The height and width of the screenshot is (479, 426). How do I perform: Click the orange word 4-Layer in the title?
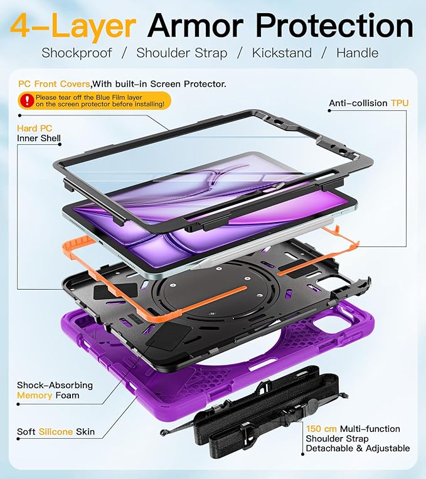point(73,26)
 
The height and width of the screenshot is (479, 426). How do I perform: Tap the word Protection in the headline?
point(334,25)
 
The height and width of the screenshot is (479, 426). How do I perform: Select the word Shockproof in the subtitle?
point(77,53)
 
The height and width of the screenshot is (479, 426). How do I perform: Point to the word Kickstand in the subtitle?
point(282,53)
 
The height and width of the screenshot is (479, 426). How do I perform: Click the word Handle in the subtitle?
point(357,53)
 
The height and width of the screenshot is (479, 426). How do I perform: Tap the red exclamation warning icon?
point(27,100)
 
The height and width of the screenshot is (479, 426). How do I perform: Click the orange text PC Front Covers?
point(54,84)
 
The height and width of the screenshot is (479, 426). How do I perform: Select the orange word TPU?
point(400,103)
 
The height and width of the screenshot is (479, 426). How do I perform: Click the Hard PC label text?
point(35,129)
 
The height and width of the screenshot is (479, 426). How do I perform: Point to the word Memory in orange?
point(35,395)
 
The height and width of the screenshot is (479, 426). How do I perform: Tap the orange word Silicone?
point(56,431)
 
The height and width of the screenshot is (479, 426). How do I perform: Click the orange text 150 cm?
point(321,429)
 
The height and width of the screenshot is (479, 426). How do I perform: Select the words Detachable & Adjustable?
point(358,448)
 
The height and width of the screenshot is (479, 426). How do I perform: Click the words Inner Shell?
point(39,138)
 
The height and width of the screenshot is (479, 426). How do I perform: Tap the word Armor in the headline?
point(196,26)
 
